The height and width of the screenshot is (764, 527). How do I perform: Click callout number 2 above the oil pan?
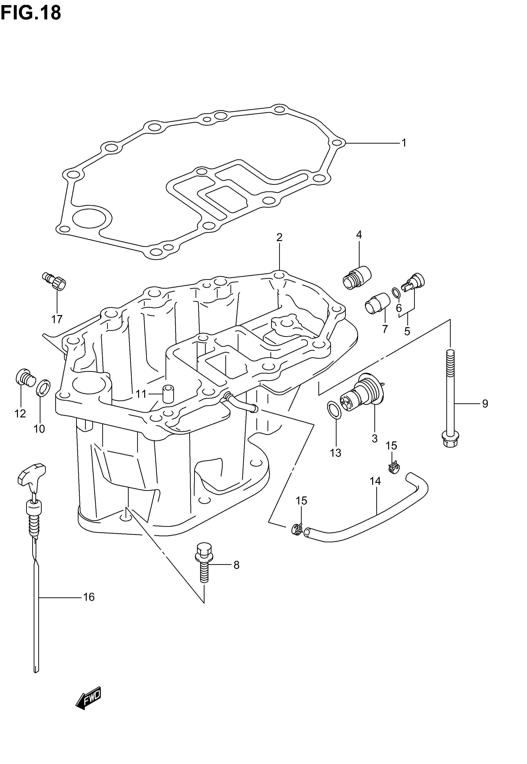279,237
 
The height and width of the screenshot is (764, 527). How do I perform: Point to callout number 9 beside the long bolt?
484,404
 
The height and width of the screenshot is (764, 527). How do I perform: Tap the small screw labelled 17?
55,281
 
